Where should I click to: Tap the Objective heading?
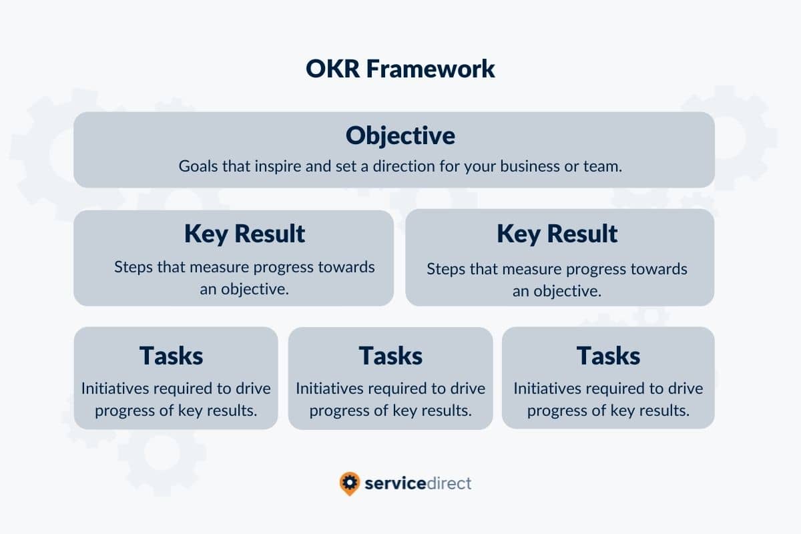pos(400,136)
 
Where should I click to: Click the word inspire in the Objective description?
pos(278,166)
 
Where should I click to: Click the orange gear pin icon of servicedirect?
pos(349,483)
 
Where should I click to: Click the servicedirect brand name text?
pos(418,483)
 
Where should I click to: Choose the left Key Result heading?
pos(244,234)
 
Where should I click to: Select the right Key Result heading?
pos(557,234)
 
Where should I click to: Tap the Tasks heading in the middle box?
pos(390,355)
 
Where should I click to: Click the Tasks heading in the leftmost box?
pos(171,355)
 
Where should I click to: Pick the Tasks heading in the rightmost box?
pos(608,355)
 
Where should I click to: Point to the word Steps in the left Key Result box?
pos(132,268)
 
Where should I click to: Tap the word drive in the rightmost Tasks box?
pos(684,388)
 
